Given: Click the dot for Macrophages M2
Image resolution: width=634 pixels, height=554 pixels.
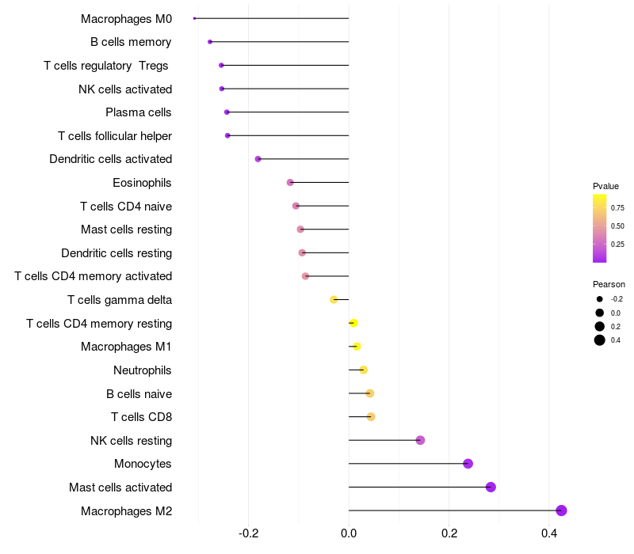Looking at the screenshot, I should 561,510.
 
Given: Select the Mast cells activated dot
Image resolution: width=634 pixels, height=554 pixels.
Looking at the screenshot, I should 491,487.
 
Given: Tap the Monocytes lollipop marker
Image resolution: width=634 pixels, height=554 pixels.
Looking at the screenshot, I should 468,464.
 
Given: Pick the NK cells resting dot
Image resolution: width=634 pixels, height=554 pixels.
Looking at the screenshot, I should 420,440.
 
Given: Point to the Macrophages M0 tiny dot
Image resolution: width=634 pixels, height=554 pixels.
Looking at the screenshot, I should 194,18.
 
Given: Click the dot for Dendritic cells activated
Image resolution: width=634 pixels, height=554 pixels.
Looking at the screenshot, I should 258,159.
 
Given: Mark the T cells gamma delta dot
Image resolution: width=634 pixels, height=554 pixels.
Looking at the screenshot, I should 334,299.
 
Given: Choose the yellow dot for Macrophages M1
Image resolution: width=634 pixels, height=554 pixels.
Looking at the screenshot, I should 357,347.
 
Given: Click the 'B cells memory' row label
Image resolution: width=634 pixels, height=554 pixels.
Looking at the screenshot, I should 131,42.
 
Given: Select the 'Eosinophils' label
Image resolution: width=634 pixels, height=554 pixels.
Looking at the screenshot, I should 142,183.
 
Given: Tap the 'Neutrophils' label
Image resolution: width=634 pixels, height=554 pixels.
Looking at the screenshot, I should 143,370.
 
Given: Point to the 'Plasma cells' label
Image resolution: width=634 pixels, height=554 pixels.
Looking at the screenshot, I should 139,112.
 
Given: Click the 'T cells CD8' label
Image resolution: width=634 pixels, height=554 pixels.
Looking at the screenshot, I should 142,417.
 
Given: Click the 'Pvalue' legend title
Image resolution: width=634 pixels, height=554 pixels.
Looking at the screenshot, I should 605,186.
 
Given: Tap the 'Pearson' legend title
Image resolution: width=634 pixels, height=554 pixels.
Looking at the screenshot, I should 609,284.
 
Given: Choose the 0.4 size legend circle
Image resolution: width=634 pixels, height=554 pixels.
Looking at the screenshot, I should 600,340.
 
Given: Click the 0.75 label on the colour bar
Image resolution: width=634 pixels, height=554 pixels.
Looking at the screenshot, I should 617,208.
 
